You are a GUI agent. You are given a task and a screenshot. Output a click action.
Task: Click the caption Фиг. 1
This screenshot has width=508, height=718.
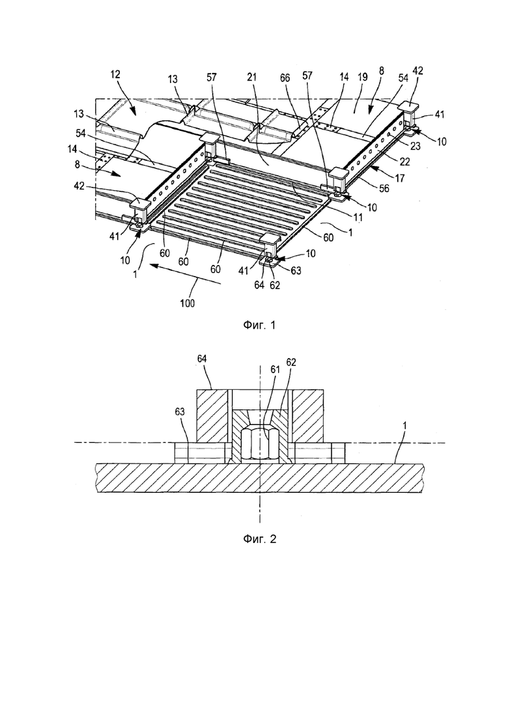coord(259,325)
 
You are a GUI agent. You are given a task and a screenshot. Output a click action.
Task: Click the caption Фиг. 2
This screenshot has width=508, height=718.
coord(259,539)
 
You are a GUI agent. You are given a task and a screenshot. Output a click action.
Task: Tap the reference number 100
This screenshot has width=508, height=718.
coord(187,303)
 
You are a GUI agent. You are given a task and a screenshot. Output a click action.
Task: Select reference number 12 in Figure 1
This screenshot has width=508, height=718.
coord(115,75)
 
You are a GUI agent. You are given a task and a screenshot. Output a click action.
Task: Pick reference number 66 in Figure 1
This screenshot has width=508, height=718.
coord(285,78)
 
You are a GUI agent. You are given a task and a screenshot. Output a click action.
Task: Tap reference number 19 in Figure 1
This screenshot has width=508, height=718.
coord(362,77)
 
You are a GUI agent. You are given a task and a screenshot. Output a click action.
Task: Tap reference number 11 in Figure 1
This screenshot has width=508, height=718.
coord(358,218)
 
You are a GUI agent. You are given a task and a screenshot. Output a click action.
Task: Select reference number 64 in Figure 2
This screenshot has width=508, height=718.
coord(201,359)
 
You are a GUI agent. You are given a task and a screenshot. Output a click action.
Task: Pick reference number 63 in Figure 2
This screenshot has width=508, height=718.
coord(180,411)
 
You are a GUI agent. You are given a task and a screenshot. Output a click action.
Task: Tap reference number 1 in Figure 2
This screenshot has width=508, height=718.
coord(404,425)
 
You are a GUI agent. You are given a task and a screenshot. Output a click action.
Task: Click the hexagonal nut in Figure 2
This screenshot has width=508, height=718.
coord(260,444)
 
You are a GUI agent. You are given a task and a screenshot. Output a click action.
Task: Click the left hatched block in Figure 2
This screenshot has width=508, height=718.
coord(212,416)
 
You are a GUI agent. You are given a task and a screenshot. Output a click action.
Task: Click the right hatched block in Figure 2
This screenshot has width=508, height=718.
coord(308,416)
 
